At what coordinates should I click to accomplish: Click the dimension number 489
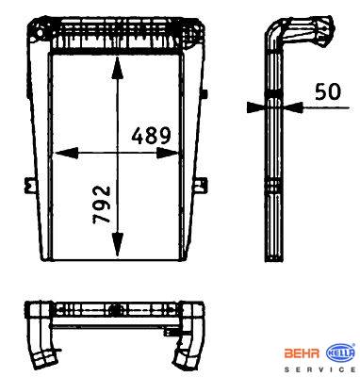point(152,136)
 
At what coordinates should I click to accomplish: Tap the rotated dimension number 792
point(102,205)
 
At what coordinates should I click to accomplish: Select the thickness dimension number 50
point(327,91)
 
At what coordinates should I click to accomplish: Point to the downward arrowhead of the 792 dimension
point(118,244)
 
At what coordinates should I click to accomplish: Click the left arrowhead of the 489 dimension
point(67,153)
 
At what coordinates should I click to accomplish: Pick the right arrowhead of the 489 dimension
point(168,153)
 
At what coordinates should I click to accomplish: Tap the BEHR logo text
point(302,353)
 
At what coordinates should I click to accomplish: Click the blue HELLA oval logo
point(341,353)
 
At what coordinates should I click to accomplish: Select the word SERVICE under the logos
point(319,369)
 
